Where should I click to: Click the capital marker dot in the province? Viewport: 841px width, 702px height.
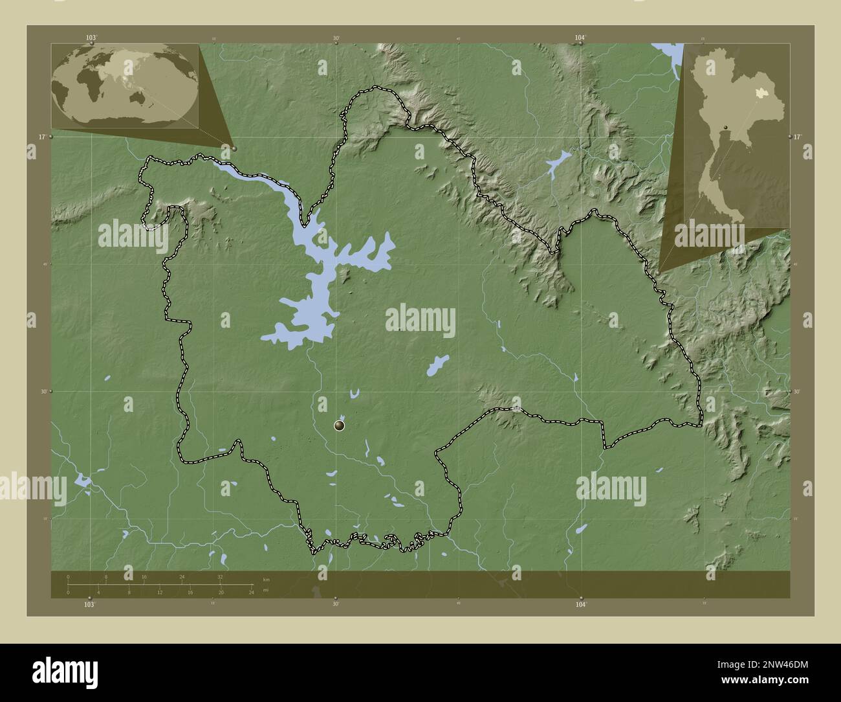340,425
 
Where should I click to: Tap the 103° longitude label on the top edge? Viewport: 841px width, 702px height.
91,38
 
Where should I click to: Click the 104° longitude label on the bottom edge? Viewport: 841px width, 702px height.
581,604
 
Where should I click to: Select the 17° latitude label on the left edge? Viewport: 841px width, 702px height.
41,137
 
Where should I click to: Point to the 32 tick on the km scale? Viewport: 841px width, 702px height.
220,576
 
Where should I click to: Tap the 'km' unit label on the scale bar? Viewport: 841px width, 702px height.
266,578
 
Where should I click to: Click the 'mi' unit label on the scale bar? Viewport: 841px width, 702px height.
266,591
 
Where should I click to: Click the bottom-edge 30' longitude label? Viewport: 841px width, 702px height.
335,604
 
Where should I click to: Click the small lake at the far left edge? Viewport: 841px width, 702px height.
82,480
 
